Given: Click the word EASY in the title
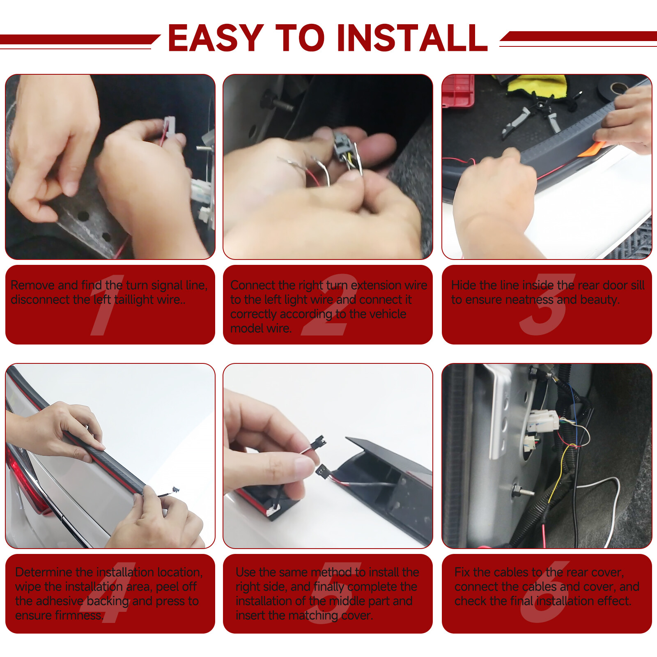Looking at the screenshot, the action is pyautogui.click(x=216, y=38).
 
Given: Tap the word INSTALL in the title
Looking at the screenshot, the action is pyautogui.click(x=412, y=38).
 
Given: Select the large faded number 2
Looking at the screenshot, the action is pyautogui.click(x=328, y=305).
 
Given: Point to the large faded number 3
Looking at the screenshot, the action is pyautogui.click(x=547, y=305).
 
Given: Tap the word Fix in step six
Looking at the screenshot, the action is pyautogui.click(x=462, y=572).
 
